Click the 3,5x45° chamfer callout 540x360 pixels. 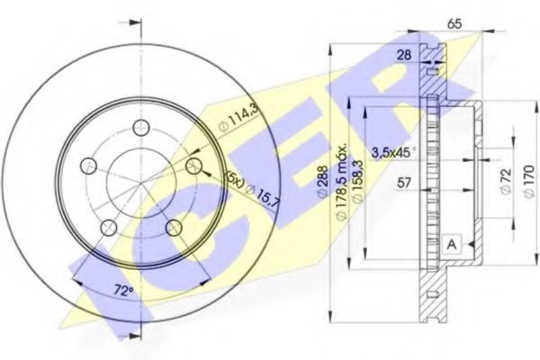pos(394,153)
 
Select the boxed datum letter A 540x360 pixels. pos(452,242)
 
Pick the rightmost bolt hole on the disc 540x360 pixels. pos(193,166)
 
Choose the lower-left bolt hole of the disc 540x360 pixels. pos(107,226)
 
